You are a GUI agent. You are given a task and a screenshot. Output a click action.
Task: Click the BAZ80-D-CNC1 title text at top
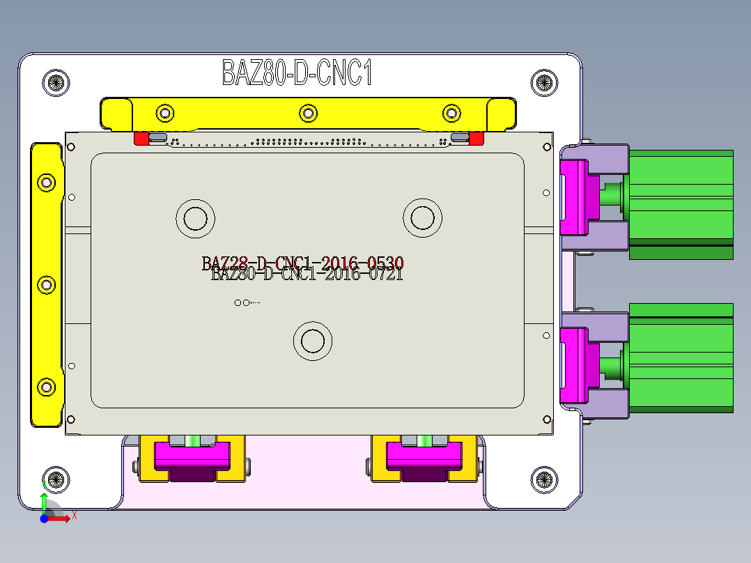pos(297,72)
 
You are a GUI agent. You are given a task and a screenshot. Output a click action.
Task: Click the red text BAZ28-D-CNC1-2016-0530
pos(302,263)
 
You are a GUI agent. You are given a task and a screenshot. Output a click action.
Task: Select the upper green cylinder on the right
pos(681,204)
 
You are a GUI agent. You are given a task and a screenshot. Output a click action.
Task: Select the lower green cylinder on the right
pos(681,357)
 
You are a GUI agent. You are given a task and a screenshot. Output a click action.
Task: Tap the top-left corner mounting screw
pos(56,83)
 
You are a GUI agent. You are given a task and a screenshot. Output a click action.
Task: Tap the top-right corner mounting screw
pos(544,83)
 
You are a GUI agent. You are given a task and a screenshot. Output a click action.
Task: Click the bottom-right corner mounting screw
pos(544,479)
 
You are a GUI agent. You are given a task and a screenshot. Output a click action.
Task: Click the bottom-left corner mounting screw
pos(56,479)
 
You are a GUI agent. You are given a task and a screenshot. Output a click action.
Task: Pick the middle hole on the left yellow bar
pos(47,284)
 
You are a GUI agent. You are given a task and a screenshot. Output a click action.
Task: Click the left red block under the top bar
pos(141,138)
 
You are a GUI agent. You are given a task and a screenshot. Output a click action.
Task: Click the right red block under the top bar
pos(477,138)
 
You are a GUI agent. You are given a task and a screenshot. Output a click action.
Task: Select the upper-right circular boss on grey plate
pos(422,218)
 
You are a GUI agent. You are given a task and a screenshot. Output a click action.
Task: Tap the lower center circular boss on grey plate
pos(312,341)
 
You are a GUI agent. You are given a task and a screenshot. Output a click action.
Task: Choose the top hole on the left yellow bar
pos(47,183)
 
